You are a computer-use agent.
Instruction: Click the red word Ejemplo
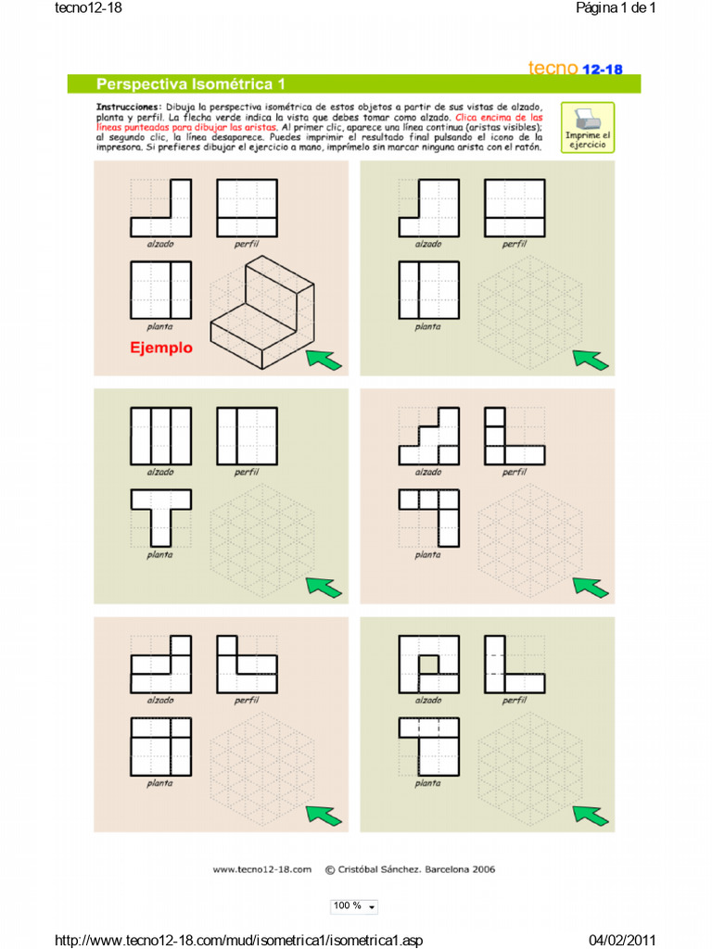pos(160,348)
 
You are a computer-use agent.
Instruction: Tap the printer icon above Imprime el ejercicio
pos(588,119)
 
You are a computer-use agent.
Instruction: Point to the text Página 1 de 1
pos(616,8)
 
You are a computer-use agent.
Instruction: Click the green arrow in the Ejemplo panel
pos(324,360)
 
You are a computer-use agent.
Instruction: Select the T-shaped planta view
pos(160,516)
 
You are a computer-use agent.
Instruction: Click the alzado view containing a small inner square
pos(428,664)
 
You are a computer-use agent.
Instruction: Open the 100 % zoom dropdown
pos(354,905)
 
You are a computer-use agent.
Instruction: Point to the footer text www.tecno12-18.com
pos(264,869)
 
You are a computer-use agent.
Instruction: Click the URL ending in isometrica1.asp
pos(239,941)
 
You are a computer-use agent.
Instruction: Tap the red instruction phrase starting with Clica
pos(510,119)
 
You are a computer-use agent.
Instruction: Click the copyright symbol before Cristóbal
pos(330,869)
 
